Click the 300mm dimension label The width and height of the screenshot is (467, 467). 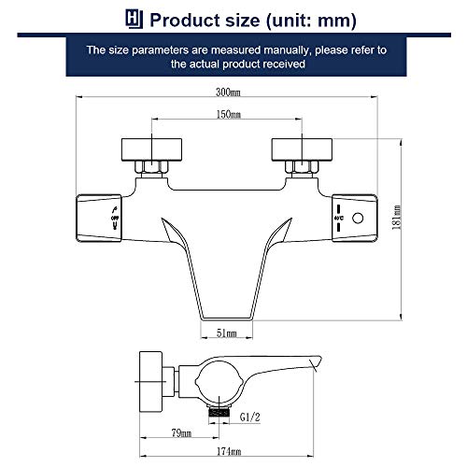tap(229, 92)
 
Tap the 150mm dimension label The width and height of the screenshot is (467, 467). tap(229, 114)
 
